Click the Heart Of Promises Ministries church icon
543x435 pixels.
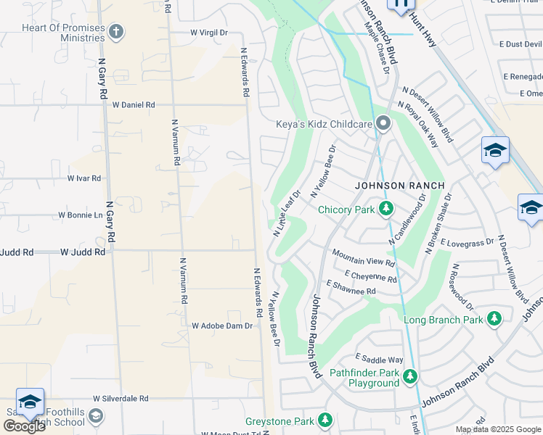(x=115, y=32)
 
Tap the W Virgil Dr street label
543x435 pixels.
(x=209, y=33)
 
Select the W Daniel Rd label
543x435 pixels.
(x=134, y=105)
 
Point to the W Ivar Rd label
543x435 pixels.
(x=84, y=178)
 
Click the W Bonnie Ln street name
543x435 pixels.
(x=81, y=215)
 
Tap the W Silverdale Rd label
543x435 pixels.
(x=121, y=399)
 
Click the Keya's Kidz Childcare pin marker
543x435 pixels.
(x=383, y=124)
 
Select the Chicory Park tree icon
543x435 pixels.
(x=387, y=210)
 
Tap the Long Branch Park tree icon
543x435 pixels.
(x=494, y=319)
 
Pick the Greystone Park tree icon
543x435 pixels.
(x=325, y=420)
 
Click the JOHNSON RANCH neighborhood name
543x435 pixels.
(x=399, y=186)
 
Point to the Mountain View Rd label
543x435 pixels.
(x=363, y=258)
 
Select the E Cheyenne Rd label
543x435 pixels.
(x=371, y=276)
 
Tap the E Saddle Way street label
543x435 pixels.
(x=379, y=359)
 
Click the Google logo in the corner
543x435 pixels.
(x=24, y=426)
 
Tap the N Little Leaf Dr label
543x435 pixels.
(x=287, y=213)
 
